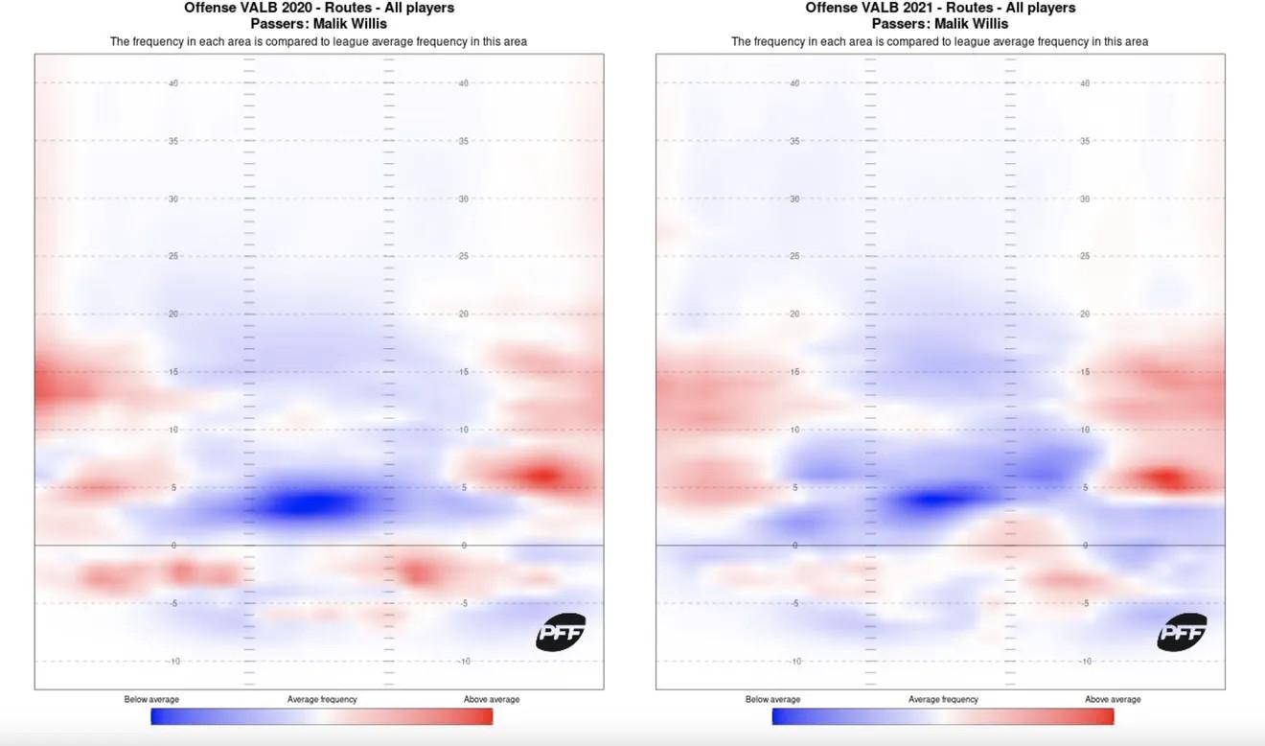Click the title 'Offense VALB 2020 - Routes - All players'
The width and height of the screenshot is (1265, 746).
(319, 8)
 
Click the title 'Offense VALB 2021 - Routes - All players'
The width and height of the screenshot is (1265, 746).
(940, 8)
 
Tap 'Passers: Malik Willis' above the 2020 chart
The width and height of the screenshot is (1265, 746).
(319, 23)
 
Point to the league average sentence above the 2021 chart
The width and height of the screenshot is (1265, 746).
(939, 41)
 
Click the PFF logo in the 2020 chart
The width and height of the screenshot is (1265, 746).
(561, 632)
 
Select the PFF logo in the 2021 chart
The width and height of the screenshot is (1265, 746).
(1182, 632)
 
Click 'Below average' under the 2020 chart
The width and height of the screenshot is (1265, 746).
(151, 699)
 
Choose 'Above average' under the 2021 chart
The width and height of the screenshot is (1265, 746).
(1113, 699)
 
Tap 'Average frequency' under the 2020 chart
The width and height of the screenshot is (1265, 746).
(322, 699)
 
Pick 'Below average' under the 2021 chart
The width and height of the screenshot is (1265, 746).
(772, 699)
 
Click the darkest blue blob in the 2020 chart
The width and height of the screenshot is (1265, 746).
(305, 503)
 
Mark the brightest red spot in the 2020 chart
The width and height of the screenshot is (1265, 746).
(541, 476)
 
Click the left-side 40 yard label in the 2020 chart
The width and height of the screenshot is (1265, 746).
(173, 83)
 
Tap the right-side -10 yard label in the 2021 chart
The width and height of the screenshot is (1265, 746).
(1084, 662)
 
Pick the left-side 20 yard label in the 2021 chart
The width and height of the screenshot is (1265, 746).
(794, 315)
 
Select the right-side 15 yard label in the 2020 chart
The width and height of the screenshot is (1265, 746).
(464, 372)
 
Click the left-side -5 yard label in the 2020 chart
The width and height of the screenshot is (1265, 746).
(173, 603)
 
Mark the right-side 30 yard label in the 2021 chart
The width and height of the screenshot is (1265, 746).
(1085, 198)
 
